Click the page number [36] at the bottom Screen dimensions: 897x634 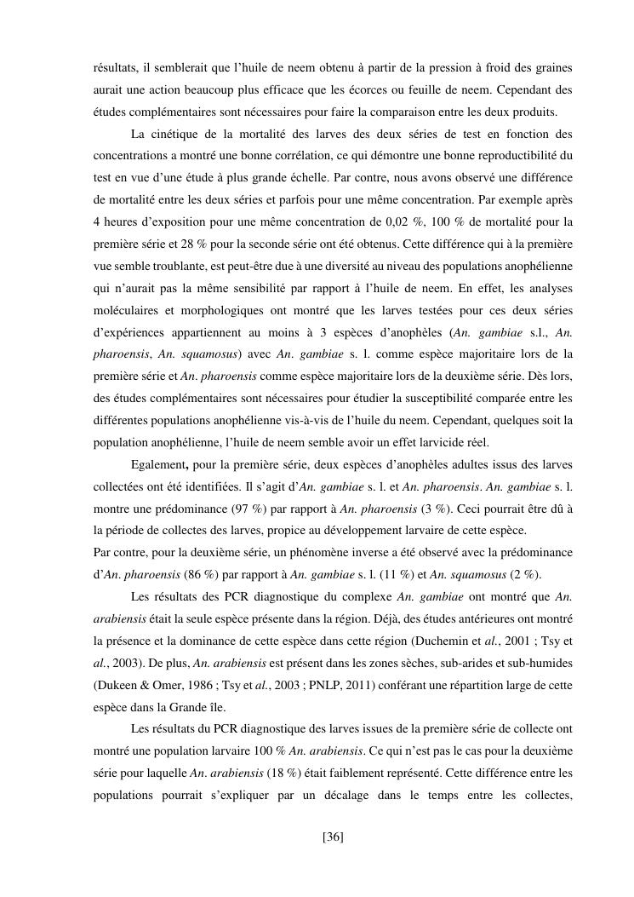[x=333, y=837]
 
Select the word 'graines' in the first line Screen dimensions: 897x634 [x=551, y=67]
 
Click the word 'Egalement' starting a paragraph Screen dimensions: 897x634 [x=160, y=466]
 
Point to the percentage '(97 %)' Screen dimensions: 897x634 [x=247, y=510]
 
